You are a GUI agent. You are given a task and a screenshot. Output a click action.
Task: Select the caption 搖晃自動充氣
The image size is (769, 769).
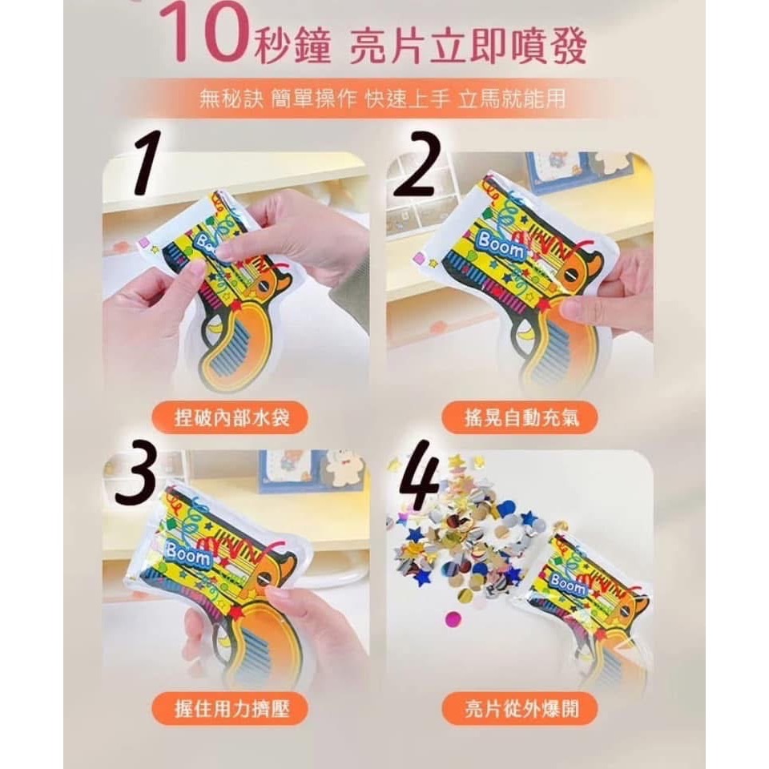click(519, 417)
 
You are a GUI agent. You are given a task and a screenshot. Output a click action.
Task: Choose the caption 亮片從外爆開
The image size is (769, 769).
click(519, 709)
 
